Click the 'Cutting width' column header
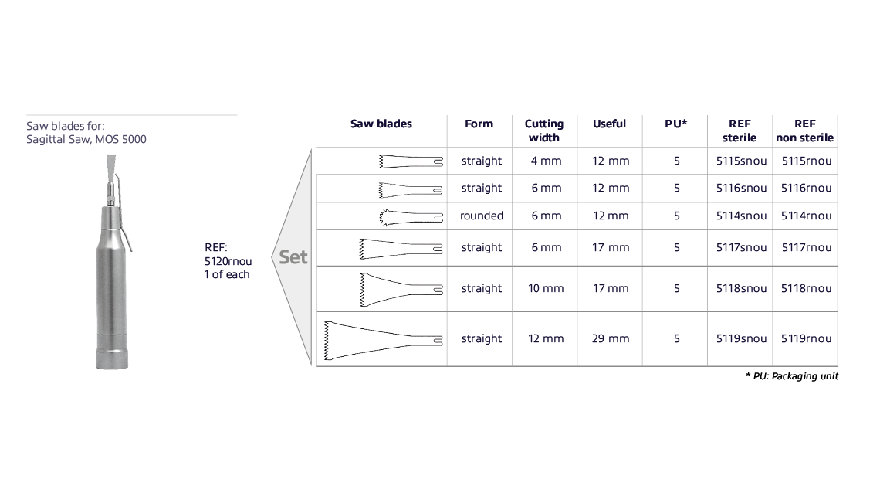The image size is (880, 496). click(544, 131)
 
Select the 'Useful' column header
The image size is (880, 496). click(609, 124)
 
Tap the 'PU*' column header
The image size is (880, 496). click(676, 124)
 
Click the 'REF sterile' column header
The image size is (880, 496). click(740, 131)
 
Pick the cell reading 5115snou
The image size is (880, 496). click(741, 161)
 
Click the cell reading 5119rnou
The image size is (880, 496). click(807, 338)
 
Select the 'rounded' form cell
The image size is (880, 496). click(482, 216)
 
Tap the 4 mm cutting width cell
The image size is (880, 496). click(544, 161)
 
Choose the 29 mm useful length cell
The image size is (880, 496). click(611, 338)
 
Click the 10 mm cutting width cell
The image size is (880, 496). click(544, 288)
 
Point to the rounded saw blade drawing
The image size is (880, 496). click(411, 216)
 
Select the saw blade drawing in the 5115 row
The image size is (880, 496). click(411, 161)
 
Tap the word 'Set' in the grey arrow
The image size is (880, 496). click(293, 257)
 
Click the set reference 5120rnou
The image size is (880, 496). click(228, 261)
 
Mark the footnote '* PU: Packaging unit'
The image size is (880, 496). click(792, 376)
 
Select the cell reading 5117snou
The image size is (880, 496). click(741, 248)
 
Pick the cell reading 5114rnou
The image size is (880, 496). click(807, 216)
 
